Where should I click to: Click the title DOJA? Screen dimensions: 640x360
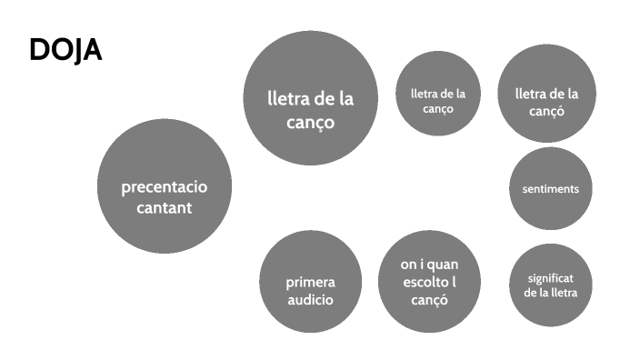point(65,50)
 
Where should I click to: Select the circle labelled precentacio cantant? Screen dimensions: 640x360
point(165,186)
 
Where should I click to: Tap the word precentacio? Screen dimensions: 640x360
point(165,187)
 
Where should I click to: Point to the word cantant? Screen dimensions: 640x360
point(165,208)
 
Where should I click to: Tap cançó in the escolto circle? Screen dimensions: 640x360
point(429,300)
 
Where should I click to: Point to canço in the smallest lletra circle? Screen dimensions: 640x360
point(438,109)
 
